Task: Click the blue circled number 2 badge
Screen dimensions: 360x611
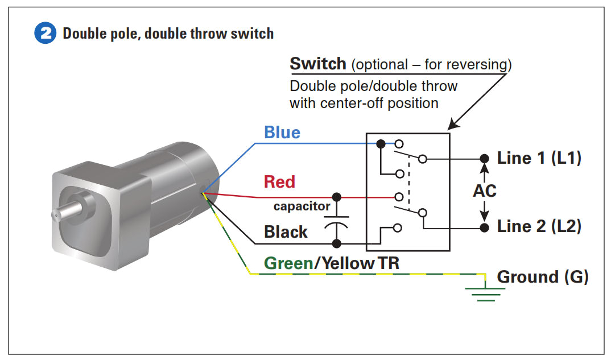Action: click(46, 34)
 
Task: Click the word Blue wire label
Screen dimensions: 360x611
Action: click(282, 133)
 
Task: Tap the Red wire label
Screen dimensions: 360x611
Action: click(279, 182)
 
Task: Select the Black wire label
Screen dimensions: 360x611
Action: click(286, 232)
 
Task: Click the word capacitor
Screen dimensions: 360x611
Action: click(302, 206)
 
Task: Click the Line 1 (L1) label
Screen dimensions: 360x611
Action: click(539, 158)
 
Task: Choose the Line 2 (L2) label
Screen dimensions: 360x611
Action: click(539, 226)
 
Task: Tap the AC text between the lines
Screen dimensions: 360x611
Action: click(485, 191)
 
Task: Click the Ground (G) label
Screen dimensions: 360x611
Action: click(542, 277)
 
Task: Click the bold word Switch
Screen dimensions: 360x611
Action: click(318, 64)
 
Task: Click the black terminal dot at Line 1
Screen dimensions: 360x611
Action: click(485, 159)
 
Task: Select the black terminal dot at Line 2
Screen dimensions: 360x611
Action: click(485, 227)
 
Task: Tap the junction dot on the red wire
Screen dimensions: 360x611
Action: click(337, 197)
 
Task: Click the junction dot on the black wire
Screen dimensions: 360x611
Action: click(337, 243)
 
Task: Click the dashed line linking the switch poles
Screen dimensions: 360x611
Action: click(408, 184)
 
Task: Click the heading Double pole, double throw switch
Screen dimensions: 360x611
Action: click(168, 34)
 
